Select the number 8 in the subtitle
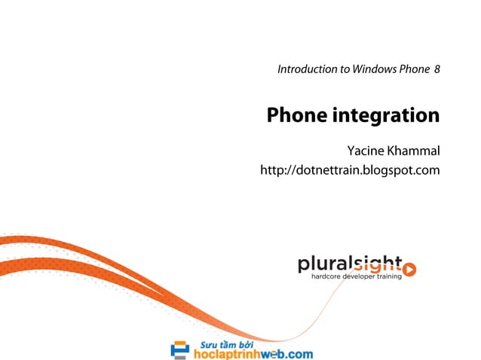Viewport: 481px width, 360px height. tap(437, 69)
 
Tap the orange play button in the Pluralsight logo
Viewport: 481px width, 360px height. tap(409, 268)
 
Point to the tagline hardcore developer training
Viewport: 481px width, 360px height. tap(356, 276)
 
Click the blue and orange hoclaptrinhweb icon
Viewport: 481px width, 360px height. tap(180, 349)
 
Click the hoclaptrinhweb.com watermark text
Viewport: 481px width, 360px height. tap(252, 353)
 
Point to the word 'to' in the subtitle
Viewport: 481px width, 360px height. tap(345, 69)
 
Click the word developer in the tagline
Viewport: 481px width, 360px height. tap(357, 276)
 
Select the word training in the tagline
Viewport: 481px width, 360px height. tap(389, 276)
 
